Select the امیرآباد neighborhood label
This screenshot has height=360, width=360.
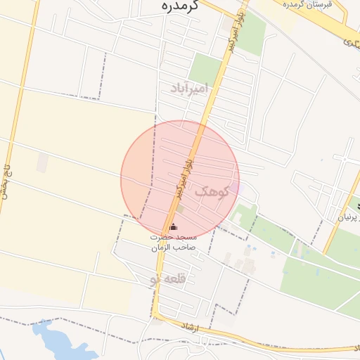[189, 89]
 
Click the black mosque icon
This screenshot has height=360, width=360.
[174, 226]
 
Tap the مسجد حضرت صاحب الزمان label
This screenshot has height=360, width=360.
[174, 243]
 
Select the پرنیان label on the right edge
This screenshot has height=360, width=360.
[349, 217]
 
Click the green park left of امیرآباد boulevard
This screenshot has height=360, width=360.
[205, 69]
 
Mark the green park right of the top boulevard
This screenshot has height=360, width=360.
[251, 33]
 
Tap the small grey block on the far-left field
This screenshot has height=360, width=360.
[42, 162]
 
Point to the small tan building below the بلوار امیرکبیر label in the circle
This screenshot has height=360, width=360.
[180, 209]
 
